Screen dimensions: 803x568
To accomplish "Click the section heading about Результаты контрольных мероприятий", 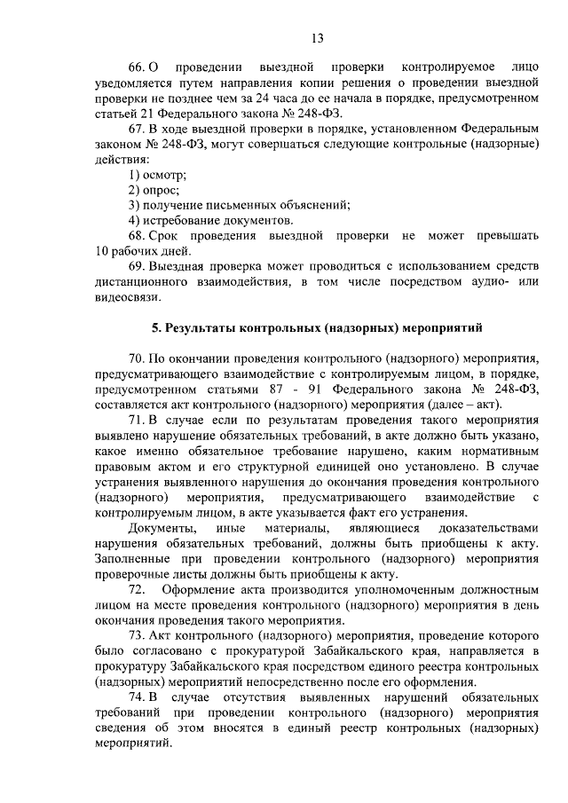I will (316, 328).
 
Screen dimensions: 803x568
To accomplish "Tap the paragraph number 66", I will (137, 67).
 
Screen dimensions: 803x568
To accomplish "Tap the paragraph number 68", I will (137, 236).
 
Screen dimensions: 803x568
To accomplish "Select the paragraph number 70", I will (137, 358).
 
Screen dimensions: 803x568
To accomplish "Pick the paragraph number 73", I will (137, 635).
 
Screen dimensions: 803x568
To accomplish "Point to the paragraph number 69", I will (137, 266).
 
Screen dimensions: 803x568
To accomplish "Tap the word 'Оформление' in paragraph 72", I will (196, 589).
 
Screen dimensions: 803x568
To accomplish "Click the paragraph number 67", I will (137, 128).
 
